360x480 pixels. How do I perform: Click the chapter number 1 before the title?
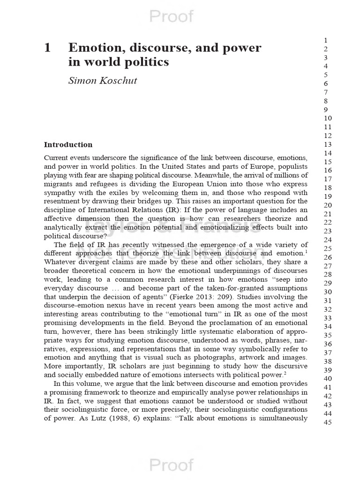pos(47,48)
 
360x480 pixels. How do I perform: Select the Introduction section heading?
pos(68,145)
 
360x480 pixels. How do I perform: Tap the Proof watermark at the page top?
pos(171,16)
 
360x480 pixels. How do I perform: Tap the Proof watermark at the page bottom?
pos(171,465)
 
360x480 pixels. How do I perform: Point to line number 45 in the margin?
pos(328,422)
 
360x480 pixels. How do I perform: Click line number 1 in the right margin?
pos(325,40)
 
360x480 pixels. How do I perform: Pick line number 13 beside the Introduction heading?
pos(328,144)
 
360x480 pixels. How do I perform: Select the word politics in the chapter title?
pos(149,62)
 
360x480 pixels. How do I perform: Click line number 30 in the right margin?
pos(328,292)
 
